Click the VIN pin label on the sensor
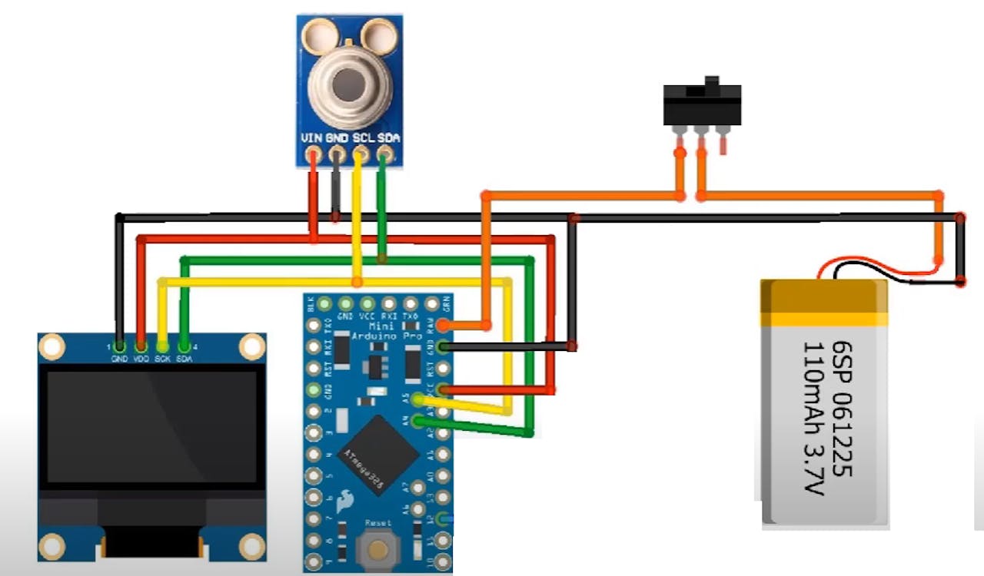[x=312, y=139]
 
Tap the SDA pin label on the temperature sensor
[x=389, y=139]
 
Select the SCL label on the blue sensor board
[x=363, y=139]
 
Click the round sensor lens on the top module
[x=349, y=79]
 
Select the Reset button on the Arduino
[x=377, y=548]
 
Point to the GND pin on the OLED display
[x=119, y=346]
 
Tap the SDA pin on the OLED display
[x=184, y=346]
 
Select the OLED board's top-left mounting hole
[x=52, y=347]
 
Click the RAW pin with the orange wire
[x=443, y=326]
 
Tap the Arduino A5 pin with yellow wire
[x=418, y=399]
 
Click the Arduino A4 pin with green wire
[x=418, y=420]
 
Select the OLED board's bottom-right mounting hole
[x=252, y=547]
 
